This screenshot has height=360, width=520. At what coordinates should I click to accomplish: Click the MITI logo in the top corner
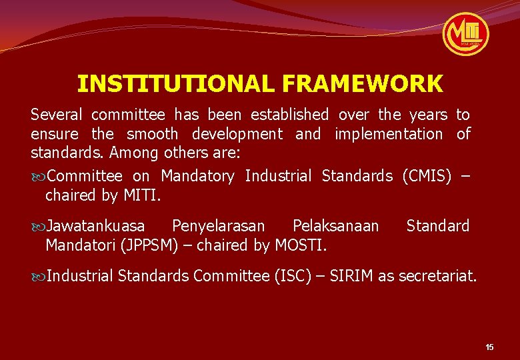tap(466, 34)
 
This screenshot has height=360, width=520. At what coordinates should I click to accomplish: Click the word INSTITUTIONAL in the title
tap(175, 84)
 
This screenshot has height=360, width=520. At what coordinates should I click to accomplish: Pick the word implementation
tap(388, 134)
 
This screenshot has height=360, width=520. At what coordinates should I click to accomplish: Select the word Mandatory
tap(197, 176)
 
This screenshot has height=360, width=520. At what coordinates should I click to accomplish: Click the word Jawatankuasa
tap(96, 226)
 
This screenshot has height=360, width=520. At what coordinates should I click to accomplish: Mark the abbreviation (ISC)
tap(293, 276)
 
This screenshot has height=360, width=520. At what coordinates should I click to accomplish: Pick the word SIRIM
tap(347, 276)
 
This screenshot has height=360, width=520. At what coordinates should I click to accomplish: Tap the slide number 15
tap(489, 347)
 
